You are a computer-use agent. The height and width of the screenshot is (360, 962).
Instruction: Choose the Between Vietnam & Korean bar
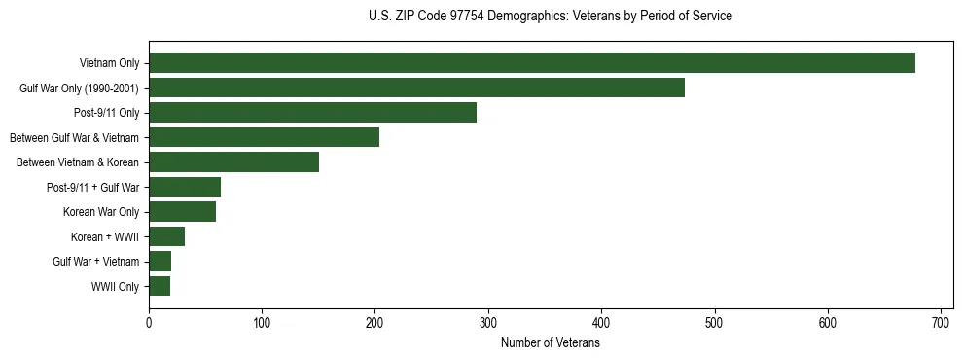(233, 162)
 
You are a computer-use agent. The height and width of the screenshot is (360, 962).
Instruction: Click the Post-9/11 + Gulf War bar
(185, 187)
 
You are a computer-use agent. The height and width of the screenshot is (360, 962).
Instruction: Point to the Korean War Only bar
(182, 212)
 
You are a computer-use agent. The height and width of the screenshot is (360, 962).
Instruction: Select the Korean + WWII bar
(166, 236)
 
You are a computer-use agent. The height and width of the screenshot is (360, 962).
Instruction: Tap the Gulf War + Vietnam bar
(160, 262)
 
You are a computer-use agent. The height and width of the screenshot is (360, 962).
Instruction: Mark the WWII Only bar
(160, 286)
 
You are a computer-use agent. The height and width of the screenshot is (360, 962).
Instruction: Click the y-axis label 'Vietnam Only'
(109, 64)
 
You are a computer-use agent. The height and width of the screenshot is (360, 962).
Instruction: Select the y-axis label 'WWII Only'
(115, 287)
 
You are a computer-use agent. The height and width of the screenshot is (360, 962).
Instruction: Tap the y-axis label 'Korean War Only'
(101, 212)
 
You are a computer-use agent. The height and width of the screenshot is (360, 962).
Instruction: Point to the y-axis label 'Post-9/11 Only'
(106, 113)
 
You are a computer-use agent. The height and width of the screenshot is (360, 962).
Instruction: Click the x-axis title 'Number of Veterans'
(550, 343)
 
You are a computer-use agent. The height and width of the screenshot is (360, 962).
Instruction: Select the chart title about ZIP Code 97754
(550, 17)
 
